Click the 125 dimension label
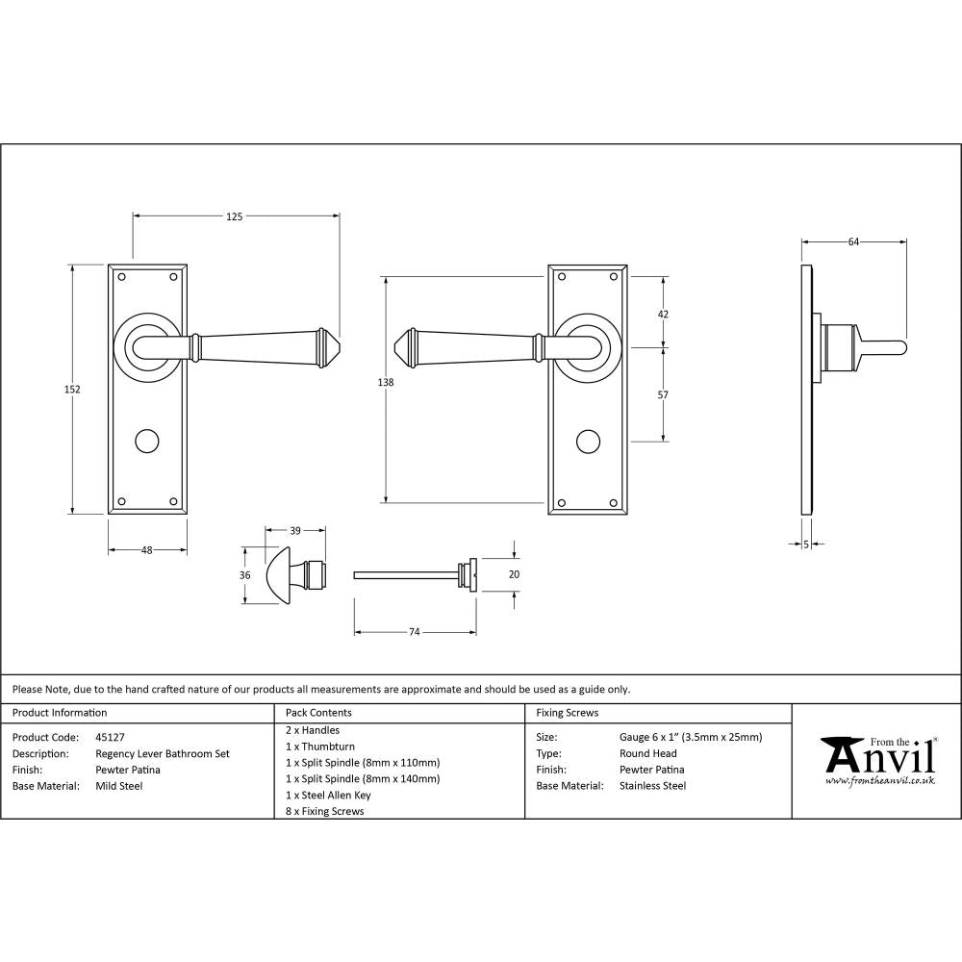pyautogui.click(x=235, y=216)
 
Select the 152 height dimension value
pyautogui.click(x=73, y=390)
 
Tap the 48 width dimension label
pyautogui.click(x=147, y=550)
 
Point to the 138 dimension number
pyautogui.click(x=386, y=382)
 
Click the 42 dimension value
pyautogui.click(x=662, y=315)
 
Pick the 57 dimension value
pyautogui.click(x=662, y=394)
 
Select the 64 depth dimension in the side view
pyautogui.click(x=853, y=242)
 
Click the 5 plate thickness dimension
pyautogui.click(x=805, y=544)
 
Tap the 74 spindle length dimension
pyautogui.click(x=415, y=632)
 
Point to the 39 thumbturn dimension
pyautogui.click(x=295, y=530)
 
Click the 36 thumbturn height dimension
pyautogui.click(x=245, y=575)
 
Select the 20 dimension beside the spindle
pyautogui.click(x=514, y=573)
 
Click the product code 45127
pyautogui.click(x=111, y=737)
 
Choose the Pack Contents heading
pyautogui.click(x=318, y=713)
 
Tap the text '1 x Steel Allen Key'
pyautogui.click(x=328, y=795)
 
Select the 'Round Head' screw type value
pyautogui.click(x=648, y=753)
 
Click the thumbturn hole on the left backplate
pyautogui.click(x=146, y=442)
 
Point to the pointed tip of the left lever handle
pyautogui.click(x=340, y=344)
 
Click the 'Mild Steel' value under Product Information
pyautogui.click(x=119, y=786)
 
